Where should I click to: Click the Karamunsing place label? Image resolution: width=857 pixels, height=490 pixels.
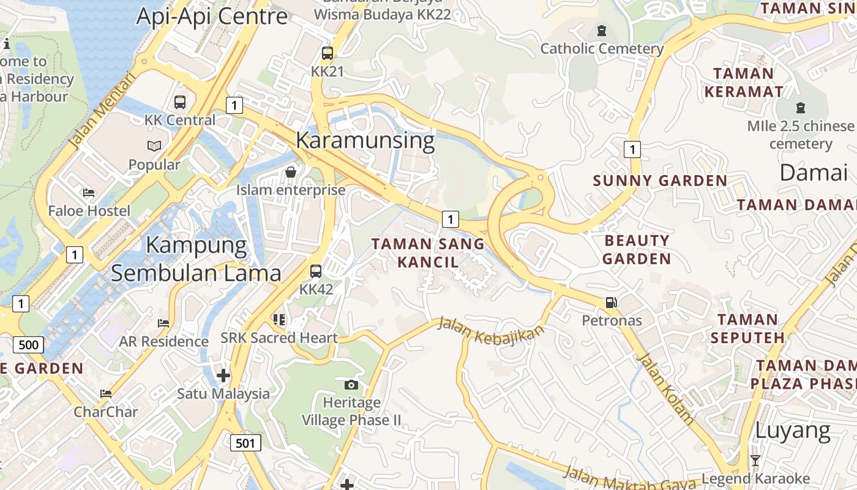365,140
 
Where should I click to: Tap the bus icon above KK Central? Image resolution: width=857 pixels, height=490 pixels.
180,102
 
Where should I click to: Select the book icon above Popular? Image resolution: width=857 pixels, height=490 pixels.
154,146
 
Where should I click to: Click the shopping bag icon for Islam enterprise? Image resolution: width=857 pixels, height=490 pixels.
291,172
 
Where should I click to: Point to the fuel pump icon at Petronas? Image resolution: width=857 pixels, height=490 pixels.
611,302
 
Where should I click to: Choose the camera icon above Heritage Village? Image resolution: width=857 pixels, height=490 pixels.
351,385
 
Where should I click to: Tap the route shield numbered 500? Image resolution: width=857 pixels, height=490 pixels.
28,344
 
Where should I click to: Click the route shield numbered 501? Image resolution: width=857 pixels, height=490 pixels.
245,442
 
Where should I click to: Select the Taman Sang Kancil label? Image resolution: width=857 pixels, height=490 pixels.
428,253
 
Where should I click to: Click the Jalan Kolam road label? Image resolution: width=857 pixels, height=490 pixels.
665,389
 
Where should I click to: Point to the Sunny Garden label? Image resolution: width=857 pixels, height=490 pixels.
660,181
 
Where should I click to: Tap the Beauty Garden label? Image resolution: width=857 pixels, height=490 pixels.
637,249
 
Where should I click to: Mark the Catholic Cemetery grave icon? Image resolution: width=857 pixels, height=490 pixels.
601,30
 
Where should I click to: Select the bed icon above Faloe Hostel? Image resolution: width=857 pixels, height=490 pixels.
89,193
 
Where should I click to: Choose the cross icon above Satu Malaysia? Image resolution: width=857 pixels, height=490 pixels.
223,375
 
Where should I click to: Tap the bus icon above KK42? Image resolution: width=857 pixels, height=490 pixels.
316,271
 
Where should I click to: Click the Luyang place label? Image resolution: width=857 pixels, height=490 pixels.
792,431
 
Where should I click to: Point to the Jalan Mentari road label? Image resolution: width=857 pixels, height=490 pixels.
102,111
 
